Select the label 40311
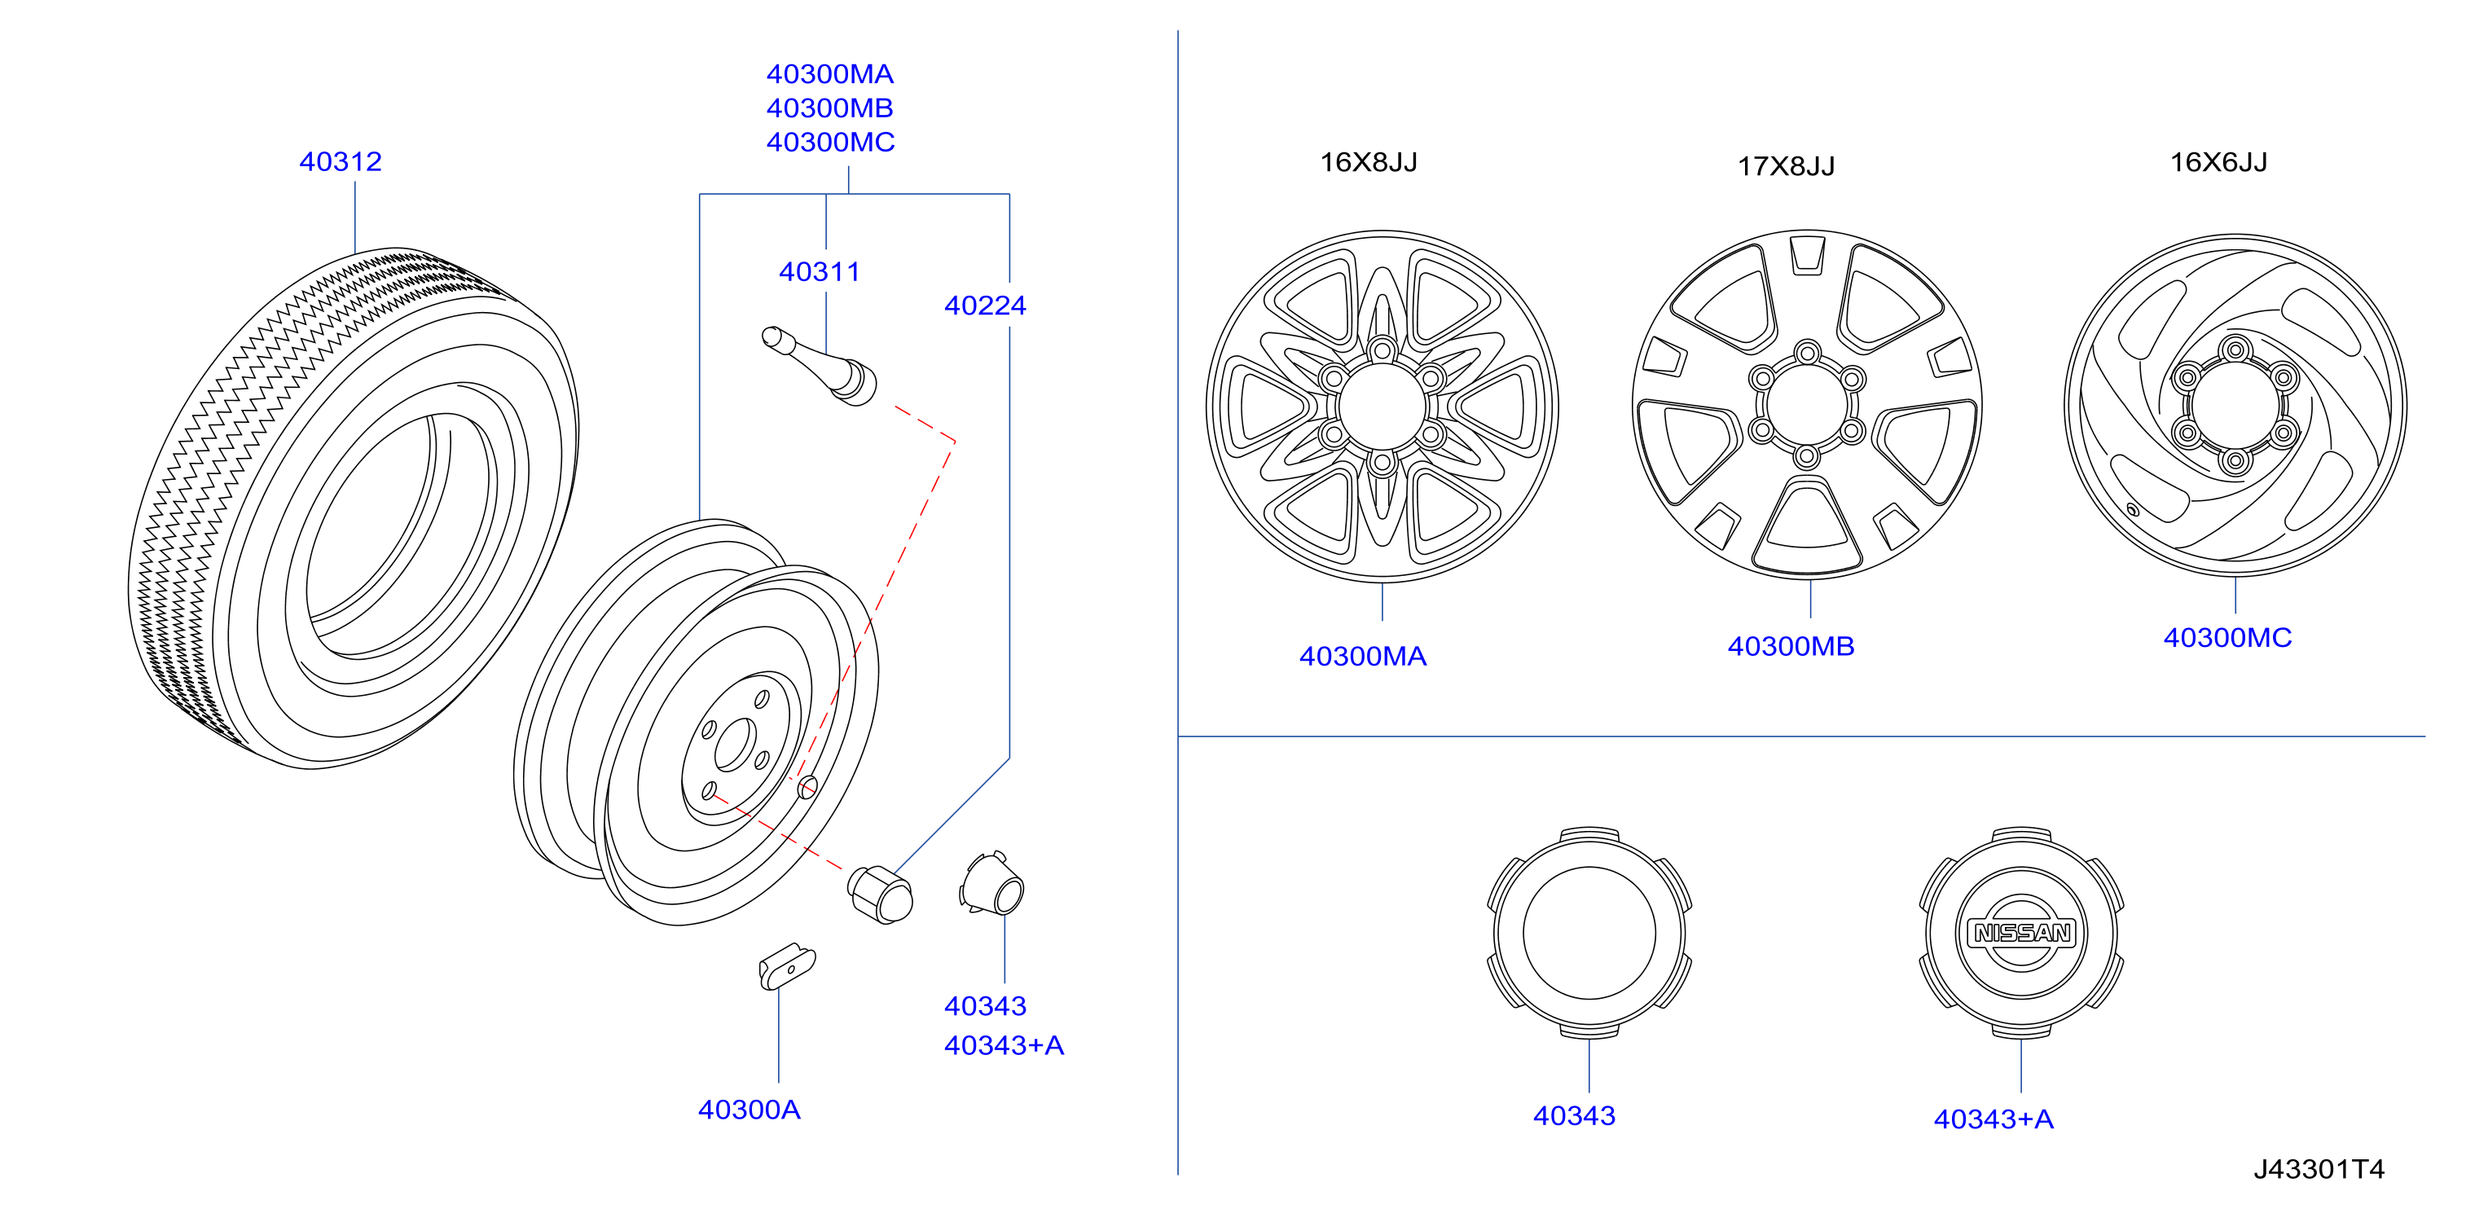(x=819, y=271)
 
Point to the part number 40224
(x=985, y=306)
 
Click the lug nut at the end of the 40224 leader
(x=880, y=895)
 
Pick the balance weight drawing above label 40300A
(x=787, y=965)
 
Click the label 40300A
(x=749, y=1110)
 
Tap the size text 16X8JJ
(x=1369, y=162)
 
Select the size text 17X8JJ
(x=1786, y=166)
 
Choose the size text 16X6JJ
(x=2218, y=162)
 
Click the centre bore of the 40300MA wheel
(x=1382, y=406)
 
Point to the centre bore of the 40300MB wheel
(x=1807, y=403)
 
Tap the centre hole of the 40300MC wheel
(x=2235, y=406)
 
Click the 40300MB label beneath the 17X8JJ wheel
(x=1791, y=646)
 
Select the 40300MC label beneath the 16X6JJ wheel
(x=2227, y=637)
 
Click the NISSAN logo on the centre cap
(x=2021, y=933)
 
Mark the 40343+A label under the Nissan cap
(x=1993, y=1119)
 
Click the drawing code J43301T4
(x=2319, y=1169)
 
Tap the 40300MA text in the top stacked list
(x=829, y=74)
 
